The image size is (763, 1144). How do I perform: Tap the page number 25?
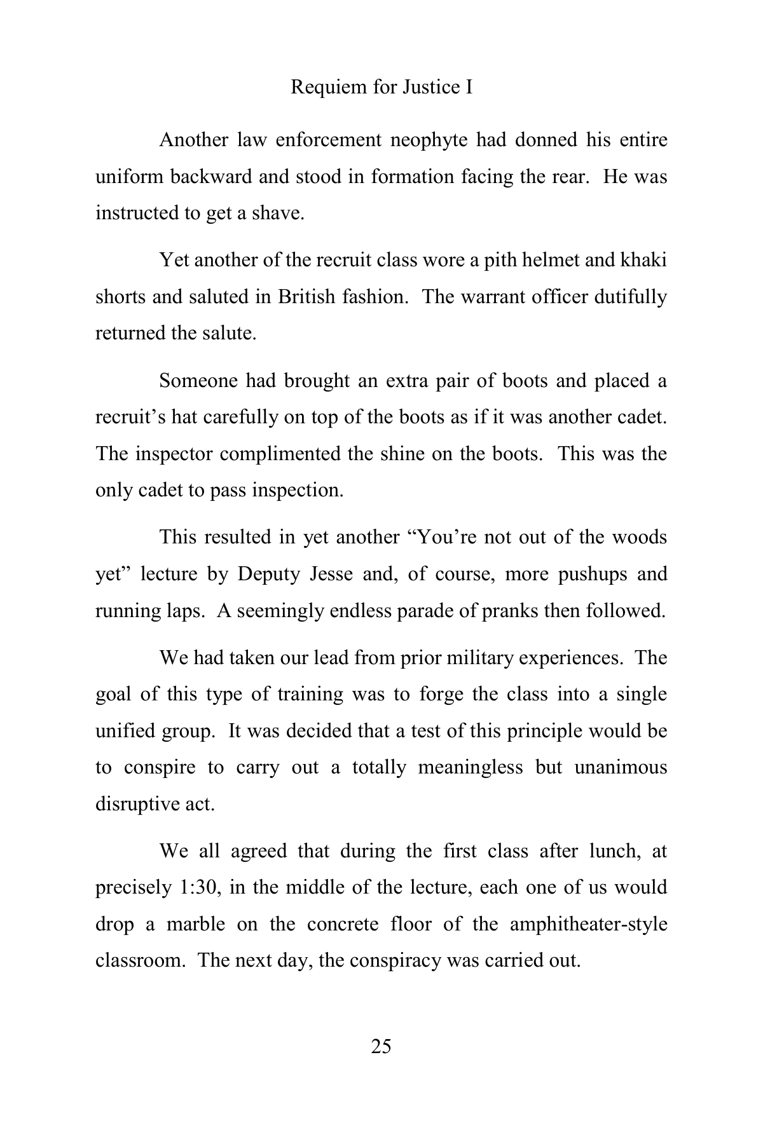click(x=381, y=1045)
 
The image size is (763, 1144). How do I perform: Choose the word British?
click(x=306, y=297)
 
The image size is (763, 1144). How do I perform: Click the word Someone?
click(x=198, y=381)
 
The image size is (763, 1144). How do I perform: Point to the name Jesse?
click(x=331, y=574)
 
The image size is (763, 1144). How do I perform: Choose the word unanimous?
click(x=621, y=767)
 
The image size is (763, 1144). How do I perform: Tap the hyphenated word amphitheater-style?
click(x=588, y=923)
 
